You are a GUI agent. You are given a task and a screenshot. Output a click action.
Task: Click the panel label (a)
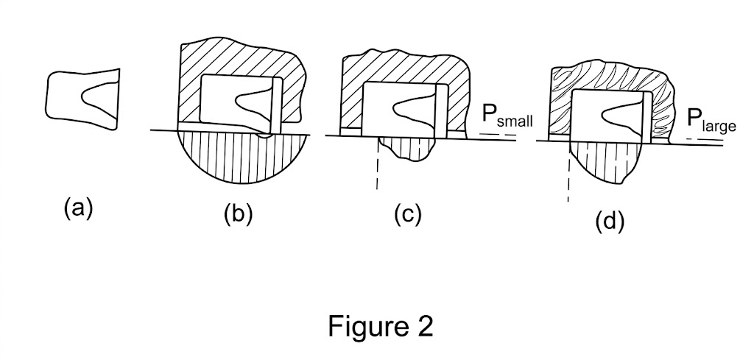tap(78, 209)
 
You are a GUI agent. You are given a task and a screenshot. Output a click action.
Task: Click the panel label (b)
tap(238, 215)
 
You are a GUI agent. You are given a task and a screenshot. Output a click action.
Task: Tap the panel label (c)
tap(408, 215)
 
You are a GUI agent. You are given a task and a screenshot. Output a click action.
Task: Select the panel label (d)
tap(609, 222)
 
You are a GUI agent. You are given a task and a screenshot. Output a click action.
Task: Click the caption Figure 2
tap(381, 326)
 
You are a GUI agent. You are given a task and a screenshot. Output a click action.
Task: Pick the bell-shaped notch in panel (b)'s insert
tap(253, 102)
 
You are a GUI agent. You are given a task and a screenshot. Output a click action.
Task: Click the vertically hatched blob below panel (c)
tap(406, 148)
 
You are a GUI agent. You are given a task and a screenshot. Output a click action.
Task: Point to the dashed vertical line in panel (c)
tap(377, 163)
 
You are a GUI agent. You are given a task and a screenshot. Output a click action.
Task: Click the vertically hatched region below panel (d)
tap(606, 161)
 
